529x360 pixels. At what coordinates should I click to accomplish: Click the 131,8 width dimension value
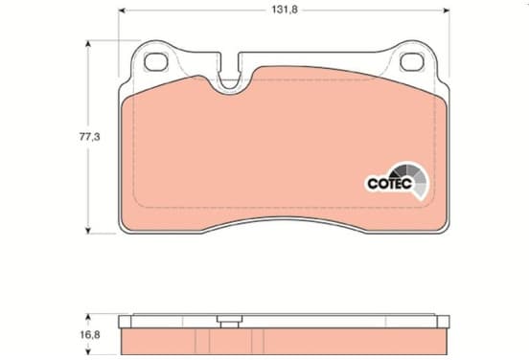pyautogui.click(x=285, y=10)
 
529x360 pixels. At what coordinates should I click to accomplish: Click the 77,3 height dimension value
pyautogui.click(x=89, y=137)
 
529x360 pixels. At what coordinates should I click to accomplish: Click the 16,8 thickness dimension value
pyautogui.click(x=90, y=335)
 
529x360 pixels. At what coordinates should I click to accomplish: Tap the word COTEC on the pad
pyautogui.click(x=390, y=184)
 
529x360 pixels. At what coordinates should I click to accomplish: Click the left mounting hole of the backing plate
pyautogui.click(x=156, y=62)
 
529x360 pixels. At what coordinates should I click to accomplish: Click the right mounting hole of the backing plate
pyautogui.click(x=412, y=62)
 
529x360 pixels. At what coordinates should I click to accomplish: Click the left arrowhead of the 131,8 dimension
pyautogui.click(x=122, y=11)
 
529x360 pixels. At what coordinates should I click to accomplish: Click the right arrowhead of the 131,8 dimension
pyautogui.click(x=446, y=11)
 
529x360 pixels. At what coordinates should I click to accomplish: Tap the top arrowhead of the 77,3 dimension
pyautogui.click(x=88, y=44)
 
